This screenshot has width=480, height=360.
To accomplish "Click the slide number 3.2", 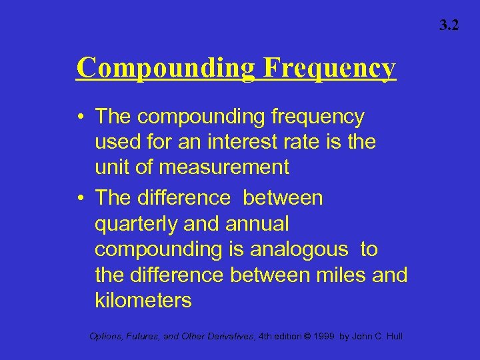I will (449, 26).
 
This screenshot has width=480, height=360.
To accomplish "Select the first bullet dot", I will (80, 117).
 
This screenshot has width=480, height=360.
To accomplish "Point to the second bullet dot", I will (80, 199).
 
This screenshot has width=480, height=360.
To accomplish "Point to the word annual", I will (255, 224).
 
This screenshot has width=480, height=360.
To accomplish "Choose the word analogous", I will (299, 249).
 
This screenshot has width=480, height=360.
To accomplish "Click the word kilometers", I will (143, 300).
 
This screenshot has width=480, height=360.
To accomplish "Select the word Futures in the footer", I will (147, 337).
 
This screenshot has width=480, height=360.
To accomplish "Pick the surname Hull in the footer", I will (393, 337).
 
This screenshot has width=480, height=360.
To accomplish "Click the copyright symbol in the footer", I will (305, 337).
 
